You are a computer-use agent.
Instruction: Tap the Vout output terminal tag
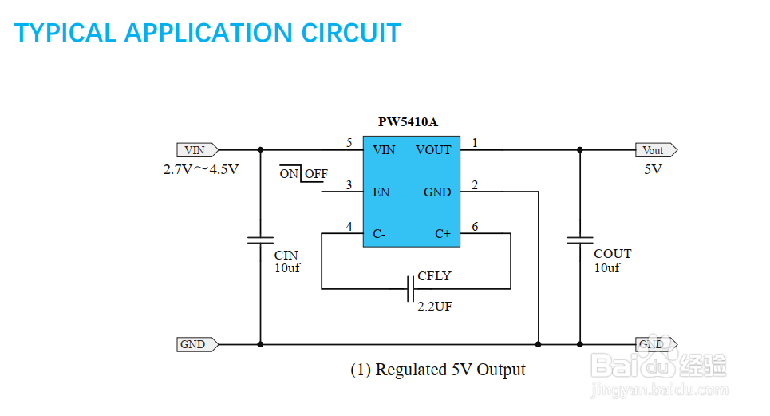tap(654, 150)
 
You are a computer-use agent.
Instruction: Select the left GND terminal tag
tap(194, 345)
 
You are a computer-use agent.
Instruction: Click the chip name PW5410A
tap(408, 123)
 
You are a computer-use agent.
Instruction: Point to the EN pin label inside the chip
tap(381, 192)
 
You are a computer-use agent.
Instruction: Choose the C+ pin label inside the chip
tap(442, 234)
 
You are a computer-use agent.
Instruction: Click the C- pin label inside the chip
tap(379, 234)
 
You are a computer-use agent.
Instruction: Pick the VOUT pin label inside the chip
tap(433, 150)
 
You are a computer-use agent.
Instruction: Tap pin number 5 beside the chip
tap(349, 143)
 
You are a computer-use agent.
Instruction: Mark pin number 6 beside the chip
tap(476, 227)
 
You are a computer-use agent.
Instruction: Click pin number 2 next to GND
tap(476, 185)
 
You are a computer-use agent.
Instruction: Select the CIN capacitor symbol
tap(260, 240)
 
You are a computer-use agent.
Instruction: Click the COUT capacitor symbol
tap(580, 240)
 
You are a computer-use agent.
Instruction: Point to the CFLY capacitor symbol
tap(410, 288)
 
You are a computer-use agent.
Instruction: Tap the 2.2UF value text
tap(435, 306)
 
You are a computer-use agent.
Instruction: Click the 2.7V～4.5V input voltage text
tap(201, 170)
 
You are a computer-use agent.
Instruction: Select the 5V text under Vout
tap(654, 170)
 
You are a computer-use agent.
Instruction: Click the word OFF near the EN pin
tap(316, 174)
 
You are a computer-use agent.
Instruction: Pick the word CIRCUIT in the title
tap(351, 33)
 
